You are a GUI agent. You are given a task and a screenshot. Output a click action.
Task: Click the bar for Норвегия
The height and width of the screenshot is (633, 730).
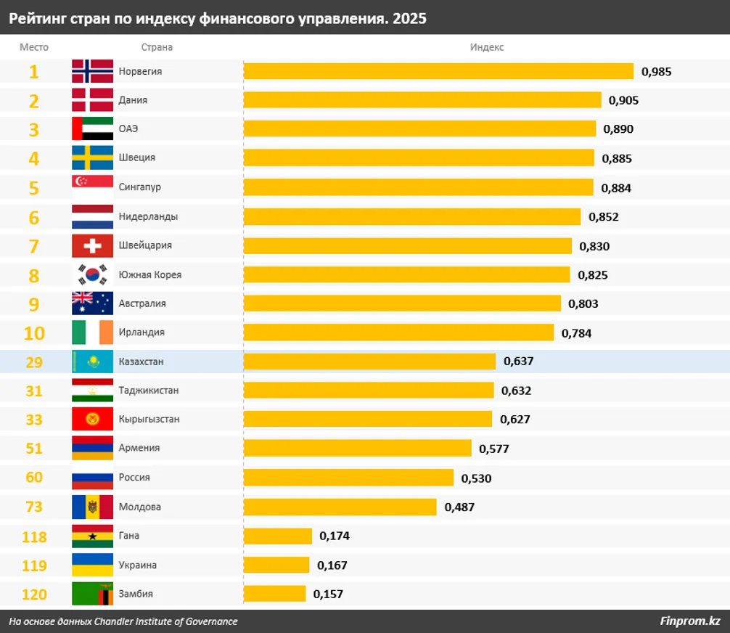(x=438, y=71)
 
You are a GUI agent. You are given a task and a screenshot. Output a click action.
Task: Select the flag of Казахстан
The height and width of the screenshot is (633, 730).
(x=92, y=362)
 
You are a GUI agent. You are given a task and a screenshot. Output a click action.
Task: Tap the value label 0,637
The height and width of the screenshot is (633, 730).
(x=519, y=362)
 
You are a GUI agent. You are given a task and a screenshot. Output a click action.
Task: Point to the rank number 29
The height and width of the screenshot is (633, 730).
(x=34, y=362)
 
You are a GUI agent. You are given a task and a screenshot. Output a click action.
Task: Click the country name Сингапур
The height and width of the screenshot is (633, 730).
(x=139, y=187)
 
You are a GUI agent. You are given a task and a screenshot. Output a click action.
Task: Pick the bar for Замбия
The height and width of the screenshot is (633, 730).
(x=274, y=594)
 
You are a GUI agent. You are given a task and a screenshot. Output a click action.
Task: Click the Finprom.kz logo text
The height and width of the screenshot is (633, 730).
(x=690, y=621)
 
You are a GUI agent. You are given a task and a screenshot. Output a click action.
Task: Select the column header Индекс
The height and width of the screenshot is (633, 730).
(x=487, y=47)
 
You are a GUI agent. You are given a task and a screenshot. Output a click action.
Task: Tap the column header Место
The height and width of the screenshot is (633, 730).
(x=34, y=47)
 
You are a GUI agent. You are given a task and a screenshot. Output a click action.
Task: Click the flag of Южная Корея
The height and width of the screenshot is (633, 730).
(x=92, y=274)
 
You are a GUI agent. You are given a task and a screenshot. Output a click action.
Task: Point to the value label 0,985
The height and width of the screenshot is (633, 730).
(x=657, y=71)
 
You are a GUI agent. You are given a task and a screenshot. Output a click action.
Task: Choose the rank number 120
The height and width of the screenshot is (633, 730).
(x=34, y=594)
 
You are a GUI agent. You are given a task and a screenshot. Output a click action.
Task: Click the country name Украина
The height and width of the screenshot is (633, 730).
(x=137, y=565)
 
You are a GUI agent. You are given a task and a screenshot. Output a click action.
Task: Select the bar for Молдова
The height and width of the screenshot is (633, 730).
(x=340, y=507)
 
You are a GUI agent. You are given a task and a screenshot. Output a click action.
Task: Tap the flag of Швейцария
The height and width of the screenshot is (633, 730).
(x=92, y=245)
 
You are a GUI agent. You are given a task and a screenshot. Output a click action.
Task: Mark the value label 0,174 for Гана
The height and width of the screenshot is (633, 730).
(x=335, y=536)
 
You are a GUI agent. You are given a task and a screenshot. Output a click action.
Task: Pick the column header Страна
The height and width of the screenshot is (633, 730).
(x=157, y=47)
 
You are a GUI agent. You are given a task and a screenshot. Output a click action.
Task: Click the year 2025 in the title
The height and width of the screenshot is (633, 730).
(x=409, y=19)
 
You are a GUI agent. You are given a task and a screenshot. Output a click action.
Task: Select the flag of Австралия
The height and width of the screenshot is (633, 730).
(x=92, y=303)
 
